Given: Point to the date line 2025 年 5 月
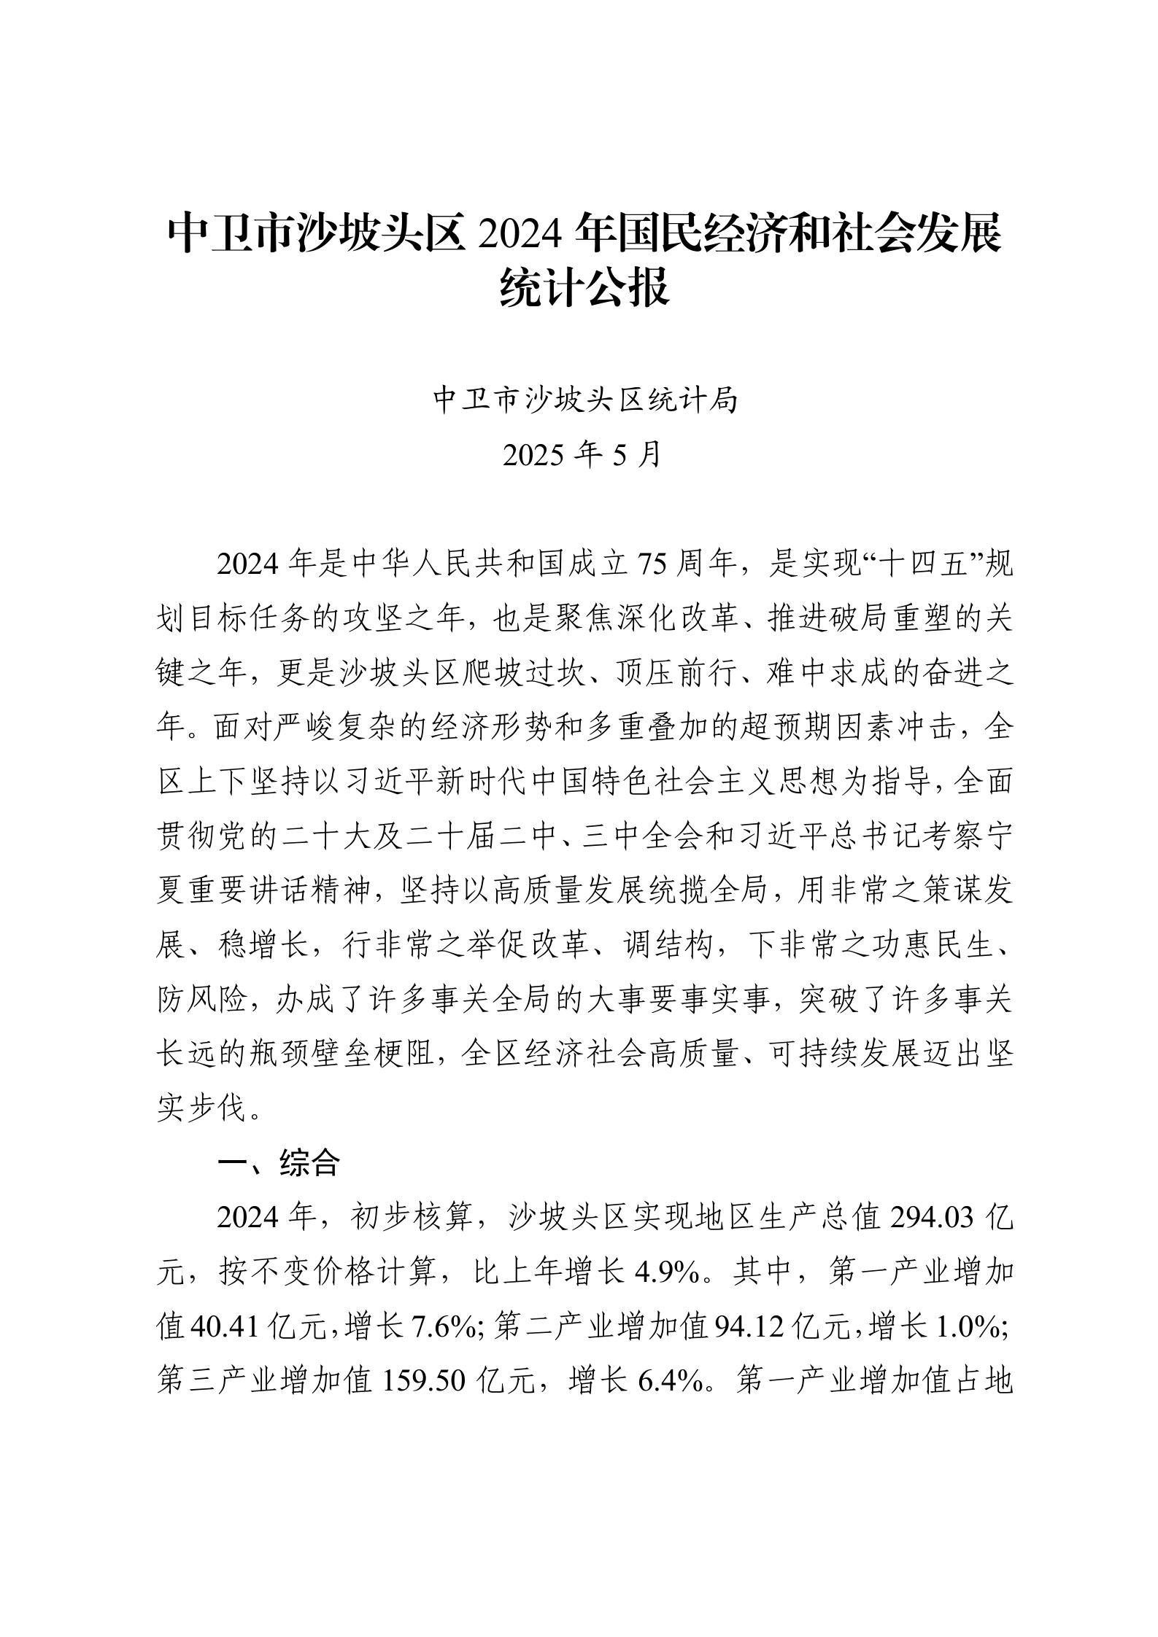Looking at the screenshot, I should [582, 454].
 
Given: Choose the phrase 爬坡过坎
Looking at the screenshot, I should [525, 674].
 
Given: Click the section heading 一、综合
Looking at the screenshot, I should [279, 1164].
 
